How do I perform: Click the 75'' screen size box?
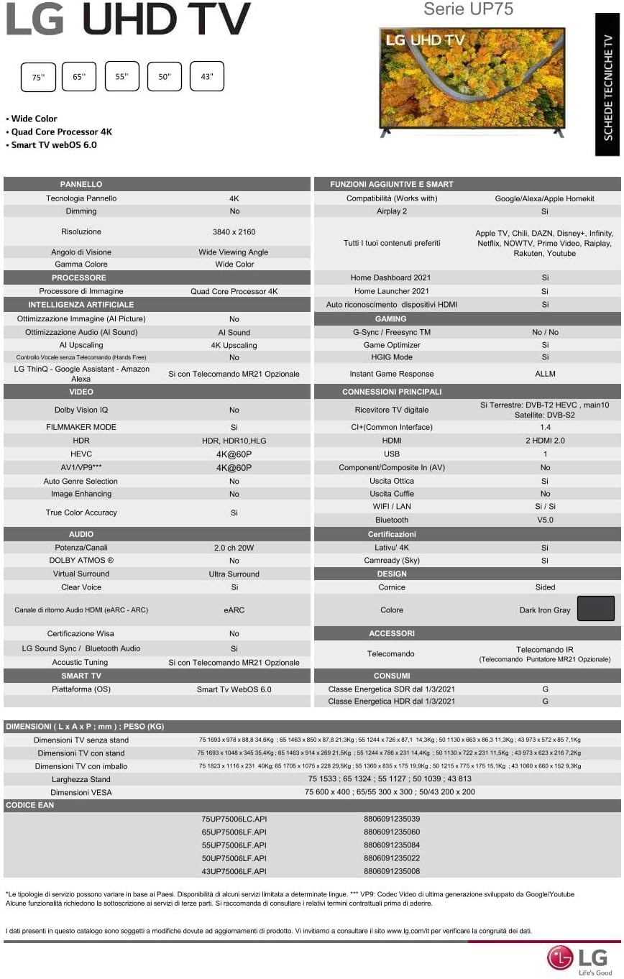[38, 77]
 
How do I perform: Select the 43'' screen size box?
[207, 76]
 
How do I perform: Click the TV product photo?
[472, 82]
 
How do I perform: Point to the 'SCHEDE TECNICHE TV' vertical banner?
[607, 84]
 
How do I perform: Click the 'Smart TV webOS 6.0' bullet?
[54, 144]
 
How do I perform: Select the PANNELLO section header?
[81, 184]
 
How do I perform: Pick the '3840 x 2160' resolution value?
[234, 232]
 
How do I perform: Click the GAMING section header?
[391, 318]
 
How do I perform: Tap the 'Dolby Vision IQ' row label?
[81, 410]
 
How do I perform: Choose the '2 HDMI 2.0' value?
[545, 441]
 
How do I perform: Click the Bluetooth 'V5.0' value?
[545, 520]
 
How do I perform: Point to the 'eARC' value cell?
[234, 610]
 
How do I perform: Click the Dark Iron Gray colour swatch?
[596, 609]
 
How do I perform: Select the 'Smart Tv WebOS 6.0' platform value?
[234, 689]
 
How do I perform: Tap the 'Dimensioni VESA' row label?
[81, 792]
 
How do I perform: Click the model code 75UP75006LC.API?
[234, 819]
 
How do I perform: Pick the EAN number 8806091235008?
[392, 871]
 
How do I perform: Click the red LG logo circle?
[561, 957]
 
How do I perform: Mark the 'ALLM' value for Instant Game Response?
[545, 374]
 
